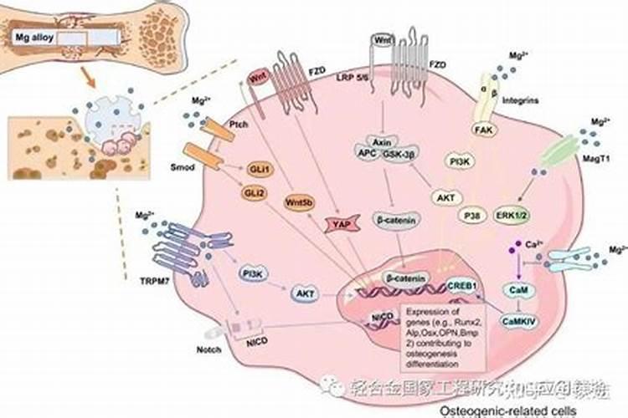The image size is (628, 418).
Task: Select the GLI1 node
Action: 256,166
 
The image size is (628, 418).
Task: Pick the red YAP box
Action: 341,224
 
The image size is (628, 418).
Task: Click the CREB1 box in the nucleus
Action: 462,286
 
